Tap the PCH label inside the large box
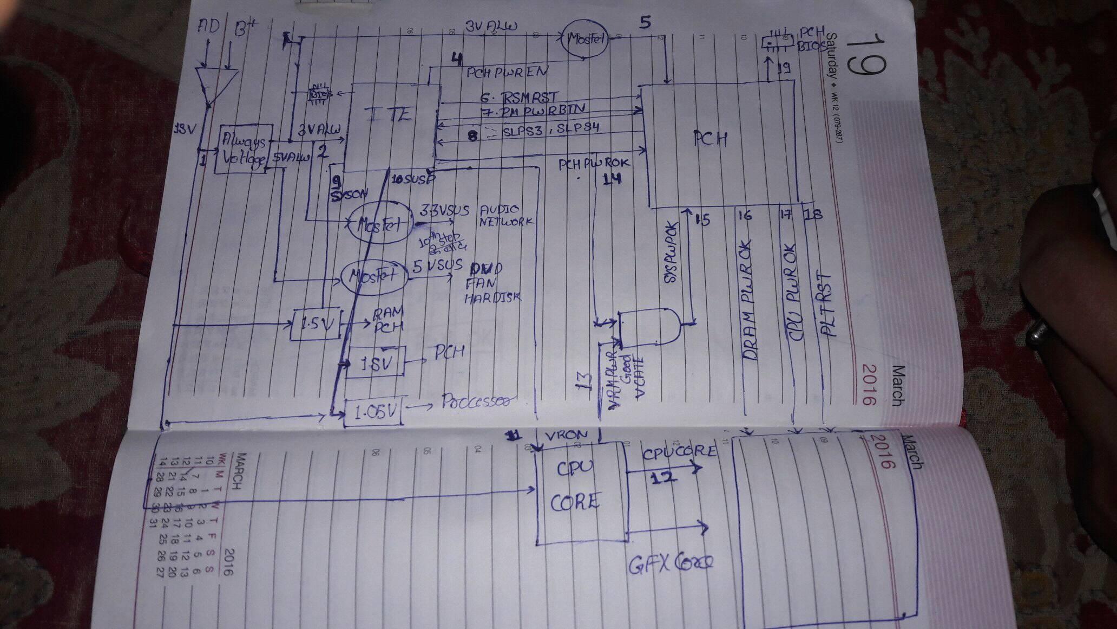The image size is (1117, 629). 711,139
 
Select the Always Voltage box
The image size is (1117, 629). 244,150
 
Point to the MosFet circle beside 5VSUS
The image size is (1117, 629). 374,275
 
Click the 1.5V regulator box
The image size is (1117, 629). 313,325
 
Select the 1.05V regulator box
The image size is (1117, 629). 372,413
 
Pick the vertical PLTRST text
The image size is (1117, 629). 826,304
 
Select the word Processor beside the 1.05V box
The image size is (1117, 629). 476,401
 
